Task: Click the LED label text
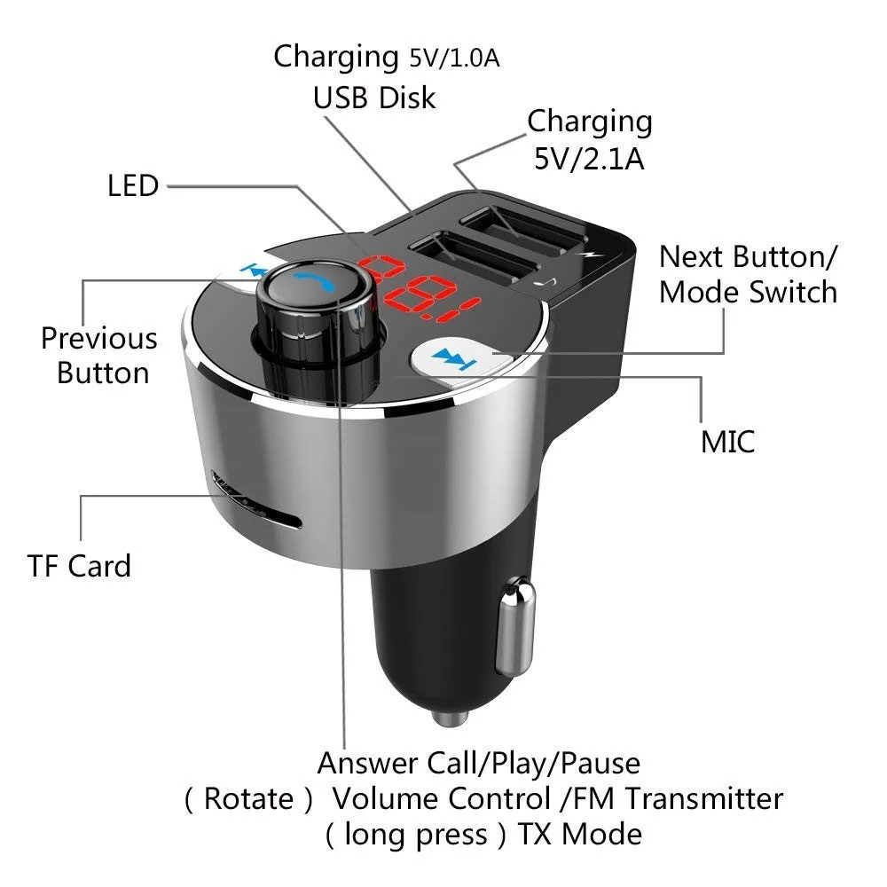click(133, 186)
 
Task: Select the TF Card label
click(79, 566)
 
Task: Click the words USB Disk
click(374, 98)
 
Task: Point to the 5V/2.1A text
click(589, 159)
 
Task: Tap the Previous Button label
click(99, 355)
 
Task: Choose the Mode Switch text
click(748, 292)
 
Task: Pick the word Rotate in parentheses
click(248, 798)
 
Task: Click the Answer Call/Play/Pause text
click(478, 762)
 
